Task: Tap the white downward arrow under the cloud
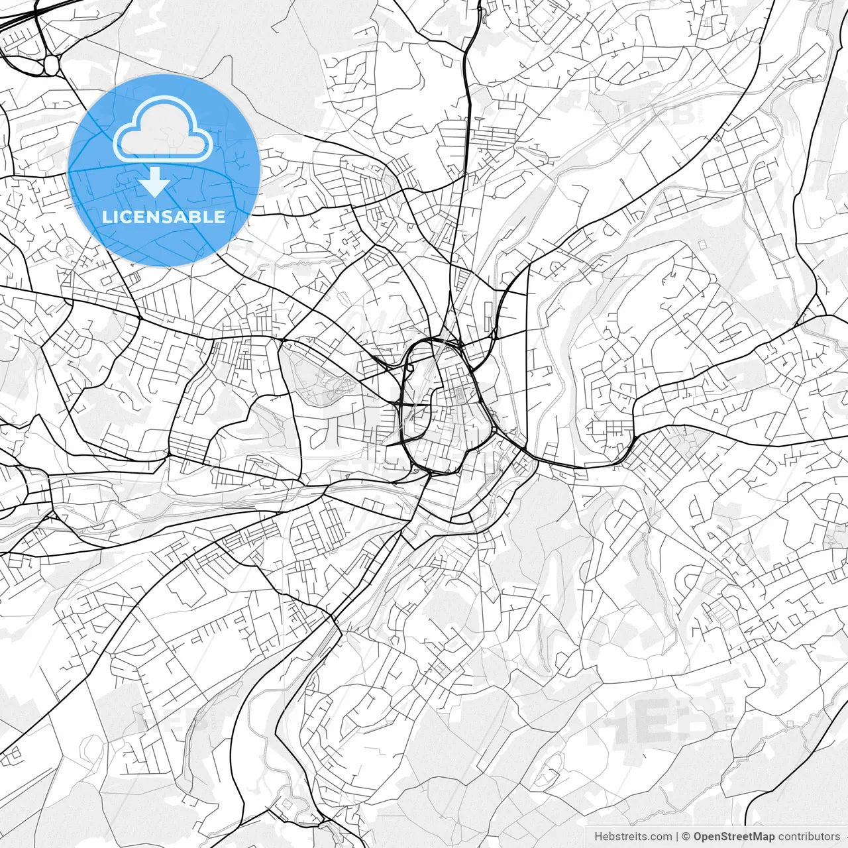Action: pos(155,183)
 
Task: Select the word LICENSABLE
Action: pos(164,217)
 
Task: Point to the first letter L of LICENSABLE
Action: pos(107,217)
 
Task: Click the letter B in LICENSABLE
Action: pos(198,217)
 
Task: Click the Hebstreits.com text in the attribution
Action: pos(633,837)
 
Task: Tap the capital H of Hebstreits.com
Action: pos(598,837)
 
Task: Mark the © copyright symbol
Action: pos(686,837)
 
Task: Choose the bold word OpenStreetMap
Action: pos(734,837)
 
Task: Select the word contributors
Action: pos(809,837)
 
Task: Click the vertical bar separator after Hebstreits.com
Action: pos(677,837)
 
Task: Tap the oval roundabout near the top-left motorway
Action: pos(51,64)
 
